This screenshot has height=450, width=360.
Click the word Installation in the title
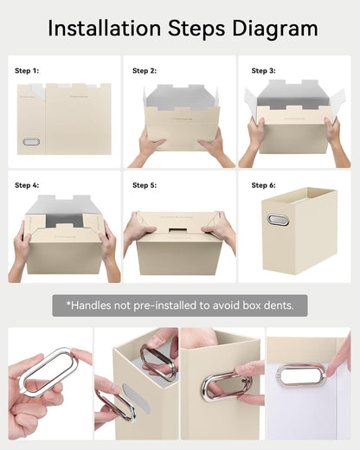[104, 29]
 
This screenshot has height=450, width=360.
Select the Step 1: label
[27, 71]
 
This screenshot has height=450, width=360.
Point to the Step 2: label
[145, 71]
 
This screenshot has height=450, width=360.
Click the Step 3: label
[263, 71]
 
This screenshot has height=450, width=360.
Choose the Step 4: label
[27, 185]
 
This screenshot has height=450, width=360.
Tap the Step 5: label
[145, 185]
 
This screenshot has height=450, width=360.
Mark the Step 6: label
[263, 185]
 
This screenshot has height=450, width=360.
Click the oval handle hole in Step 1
[31, 142]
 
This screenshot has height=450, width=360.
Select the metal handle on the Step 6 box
[278, 219]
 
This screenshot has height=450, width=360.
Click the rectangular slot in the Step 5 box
[177, 230]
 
